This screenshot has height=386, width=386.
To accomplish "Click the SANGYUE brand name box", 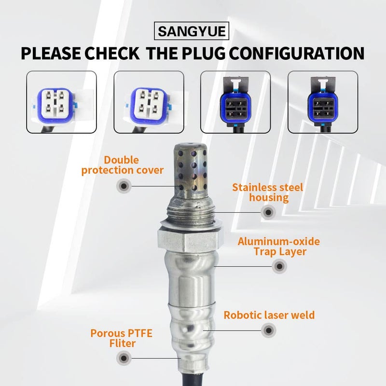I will pyautogui.click(x=193, y=33).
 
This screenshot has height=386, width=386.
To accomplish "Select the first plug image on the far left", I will pyautogui.click(x=61, y=102).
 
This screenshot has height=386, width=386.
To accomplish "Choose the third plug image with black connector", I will pyautogui.click(x=235, y=102).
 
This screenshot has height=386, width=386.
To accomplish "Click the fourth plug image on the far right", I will pyautogui.click(x=322, y=102).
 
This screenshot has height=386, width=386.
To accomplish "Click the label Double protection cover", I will pyautogui.click(x=122, y=165).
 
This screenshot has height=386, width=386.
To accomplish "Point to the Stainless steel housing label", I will pyautogui.click(x=267, y=192).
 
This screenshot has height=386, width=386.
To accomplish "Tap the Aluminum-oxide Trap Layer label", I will pyautogui.click(x=279, y=246).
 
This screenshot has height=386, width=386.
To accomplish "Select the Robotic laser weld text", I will pyautogui.click(x=269, y=315).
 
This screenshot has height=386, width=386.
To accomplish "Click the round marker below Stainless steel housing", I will pyautogui.click(x=268, y=211).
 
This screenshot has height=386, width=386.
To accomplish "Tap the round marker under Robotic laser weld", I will pyautogui.click(x=268, y=331).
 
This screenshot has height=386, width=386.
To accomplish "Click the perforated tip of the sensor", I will pyautogui.click(x=189, y=166).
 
